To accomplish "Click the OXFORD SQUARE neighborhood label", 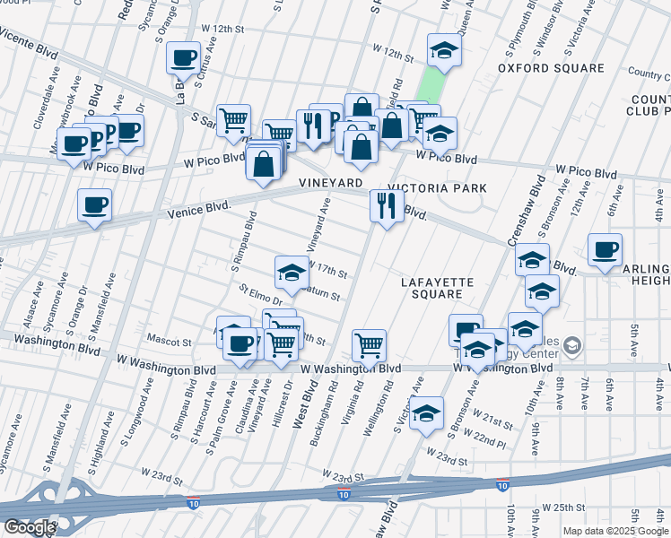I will point(552,68).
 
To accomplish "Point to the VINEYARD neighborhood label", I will point(331,182).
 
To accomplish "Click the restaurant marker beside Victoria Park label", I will point(387,206).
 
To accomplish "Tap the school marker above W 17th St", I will point(292,272).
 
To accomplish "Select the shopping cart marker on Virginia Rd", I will point(369,343).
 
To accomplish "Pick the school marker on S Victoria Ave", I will point(427,412).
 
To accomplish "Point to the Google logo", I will point(30,527).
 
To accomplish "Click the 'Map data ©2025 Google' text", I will point(615,531).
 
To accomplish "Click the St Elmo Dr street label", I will point(260,295).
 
